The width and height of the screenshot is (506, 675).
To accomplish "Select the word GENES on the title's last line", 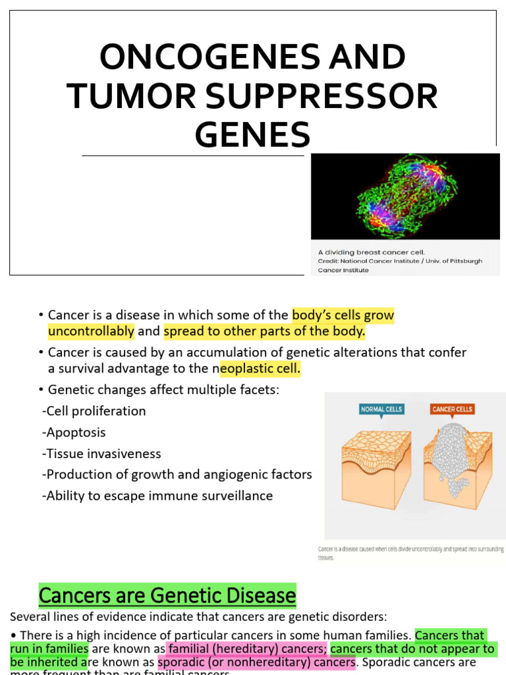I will click(252, 134).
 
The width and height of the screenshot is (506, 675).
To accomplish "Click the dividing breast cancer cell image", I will click(405, 196).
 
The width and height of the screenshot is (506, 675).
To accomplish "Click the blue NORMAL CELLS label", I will click(381, 409).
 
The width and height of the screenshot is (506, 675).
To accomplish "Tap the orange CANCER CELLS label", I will click(452, 409).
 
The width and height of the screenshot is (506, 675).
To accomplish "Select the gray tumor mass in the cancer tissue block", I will click(452, 455).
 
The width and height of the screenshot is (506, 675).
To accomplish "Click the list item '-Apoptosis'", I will click(73, 432).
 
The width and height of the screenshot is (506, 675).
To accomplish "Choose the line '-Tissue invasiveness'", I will click(101, 454).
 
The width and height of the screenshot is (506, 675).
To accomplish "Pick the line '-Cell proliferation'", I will click(94, 411).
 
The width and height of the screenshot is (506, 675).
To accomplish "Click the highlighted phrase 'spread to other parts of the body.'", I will click(264, 332).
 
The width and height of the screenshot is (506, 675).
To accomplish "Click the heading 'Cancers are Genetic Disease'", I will click(167, 596).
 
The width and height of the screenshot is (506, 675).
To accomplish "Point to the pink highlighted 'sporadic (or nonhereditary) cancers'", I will click(257, 662).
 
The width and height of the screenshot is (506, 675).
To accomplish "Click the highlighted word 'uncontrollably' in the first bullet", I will click(91, 332).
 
